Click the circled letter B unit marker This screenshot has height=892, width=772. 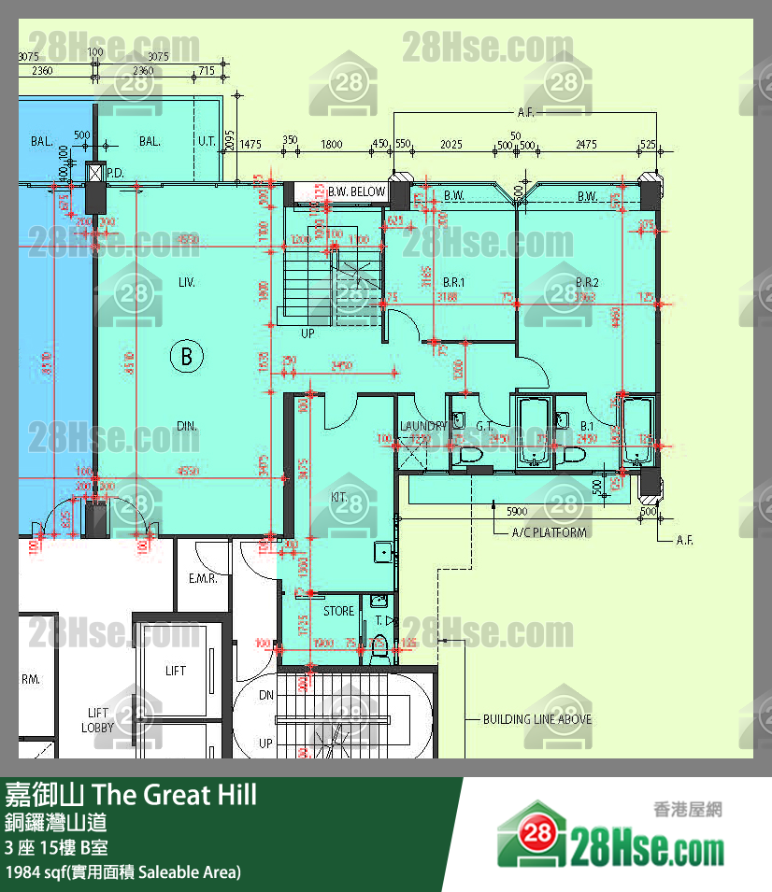click(187, 356)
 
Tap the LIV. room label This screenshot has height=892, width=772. click(187, 281)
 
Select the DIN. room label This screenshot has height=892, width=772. click(187, 426)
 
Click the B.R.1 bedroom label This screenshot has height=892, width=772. click(454, 282)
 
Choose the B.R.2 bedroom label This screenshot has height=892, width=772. click(587, 282)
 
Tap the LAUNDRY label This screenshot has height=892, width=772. click(422, 426)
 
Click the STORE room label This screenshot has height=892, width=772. click(338, 611)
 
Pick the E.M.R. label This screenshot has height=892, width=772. click(203, 579)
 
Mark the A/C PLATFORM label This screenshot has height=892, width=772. click(550, 532)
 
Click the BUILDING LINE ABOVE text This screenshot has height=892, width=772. click(536, 719)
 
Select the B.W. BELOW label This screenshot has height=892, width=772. click(356, 192)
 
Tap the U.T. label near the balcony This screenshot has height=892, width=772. click(207, 142)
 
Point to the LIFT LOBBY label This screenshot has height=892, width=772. click(97, 720)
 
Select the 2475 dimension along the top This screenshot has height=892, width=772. click(586, 145)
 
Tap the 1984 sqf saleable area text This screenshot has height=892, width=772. click(122, 872)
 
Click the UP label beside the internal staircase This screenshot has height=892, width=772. click(307, 333)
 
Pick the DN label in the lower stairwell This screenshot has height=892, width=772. click(266, 695)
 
